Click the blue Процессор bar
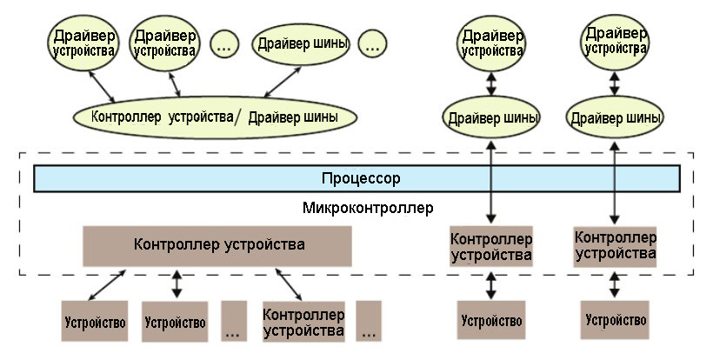356,179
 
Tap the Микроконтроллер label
369,209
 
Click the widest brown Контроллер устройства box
217,245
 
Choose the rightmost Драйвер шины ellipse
616,117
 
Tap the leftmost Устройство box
94,322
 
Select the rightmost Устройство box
616,320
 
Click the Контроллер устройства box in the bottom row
303,322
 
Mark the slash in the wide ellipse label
237,117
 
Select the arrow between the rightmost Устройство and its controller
616,283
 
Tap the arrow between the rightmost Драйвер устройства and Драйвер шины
616,83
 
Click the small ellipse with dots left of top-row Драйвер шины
223,44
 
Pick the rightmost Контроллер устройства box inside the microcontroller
616,247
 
